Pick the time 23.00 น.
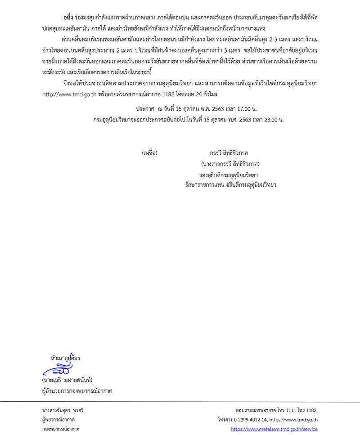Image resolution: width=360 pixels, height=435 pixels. pos(272,120)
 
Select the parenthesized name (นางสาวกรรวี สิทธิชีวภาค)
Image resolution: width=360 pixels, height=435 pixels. pos(230,164)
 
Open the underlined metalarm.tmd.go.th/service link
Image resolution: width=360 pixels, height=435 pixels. pos(274,429)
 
